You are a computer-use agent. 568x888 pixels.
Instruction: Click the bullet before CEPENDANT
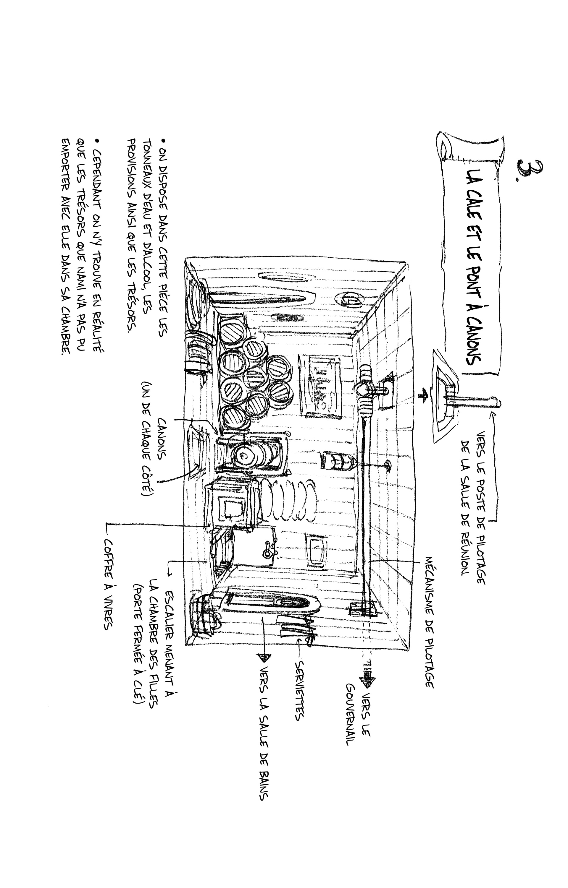coord(97,141)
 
